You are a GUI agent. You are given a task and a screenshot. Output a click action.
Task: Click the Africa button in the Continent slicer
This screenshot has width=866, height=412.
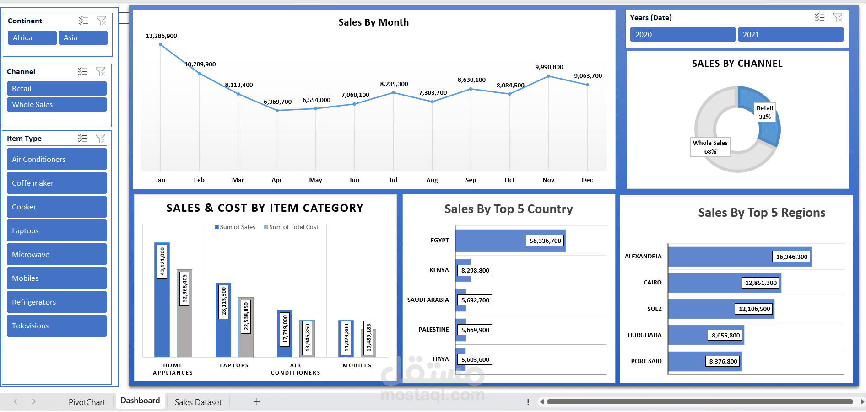point(32,38)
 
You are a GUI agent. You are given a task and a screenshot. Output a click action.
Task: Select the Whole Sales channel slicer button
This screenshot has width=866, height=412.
point(56,105)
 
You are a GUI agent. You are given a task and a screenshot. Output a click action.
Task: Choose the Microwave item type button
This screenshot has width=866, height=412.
point(56,255)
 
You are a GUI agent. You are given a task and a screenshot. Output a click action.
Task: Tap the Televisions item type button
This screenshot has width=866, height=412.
point(56,326)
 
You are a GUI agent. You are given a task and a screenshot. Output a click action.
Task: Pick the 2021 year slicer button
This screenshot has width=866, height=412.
point(790,35)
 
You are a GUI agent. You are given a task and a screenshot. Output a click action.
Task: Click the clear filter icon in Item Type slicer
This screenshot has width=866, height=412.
point(100,138)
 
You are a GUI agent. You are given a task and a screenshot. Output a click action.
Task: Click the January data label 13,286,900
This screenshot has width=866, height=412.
point(161,36)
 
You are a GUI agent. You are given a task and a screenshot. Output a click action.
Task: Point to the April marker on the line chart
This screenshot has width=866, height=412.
point(277,110)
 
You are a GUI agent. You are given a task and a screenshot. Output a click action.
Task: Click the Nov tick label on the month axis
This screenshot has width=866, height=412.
point(548,180)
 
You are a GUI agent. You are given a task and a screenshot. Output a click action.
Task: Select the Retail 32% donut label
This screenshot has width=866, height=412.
point(764,112)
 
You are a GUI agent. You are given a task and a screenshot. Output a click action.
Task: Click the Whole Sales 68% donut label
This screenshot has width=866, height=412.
point(710,147)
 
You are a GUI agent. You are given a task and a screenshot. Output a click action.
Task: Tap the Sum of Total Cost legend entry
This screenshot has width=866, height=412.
point(291,227)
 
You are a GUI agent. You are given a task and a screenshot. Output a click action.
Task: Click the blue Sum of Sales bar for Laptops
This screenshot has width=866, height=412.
point(223,320)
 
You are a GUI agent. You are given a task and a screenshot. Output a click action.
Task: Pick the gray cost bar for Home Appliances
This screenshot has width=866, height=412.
point(184,313)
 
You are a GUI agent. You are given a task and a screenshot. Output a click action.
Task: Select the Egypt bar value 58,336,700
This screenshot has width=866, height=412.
point(545,241)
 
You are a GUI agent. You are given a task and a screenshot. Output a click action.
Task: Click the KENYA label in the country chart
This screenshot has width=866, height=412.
point(439,270)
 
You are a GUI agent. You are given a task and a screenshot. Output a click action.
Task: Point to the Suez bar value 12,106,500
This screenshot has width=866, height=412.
point(754,309)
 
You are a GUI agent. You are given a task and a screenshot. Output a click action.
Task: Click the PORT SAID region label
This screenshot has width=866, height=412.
point(646,361)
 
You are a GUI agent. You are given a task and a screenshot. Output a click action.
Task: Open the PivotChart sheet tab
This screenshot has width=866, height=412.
point(87,402)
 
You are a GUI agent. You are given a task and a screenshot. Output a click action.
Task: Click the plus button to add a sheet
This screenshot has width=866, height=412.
point(257,401)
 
